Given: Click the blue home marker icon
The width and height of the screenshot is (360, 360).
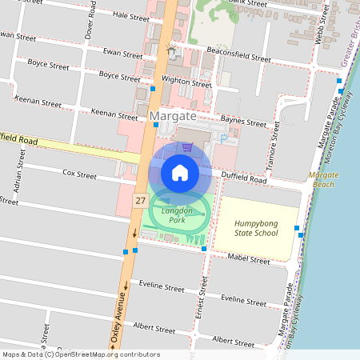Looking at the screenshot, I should pyautogui.click(x=180, y=173).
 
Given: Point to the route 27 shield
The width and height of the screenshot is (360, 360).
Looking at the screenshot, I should pyautogui.click(x=141, y=200).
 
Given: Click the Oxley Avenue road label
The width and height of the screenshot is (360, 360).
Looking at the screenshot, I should pyautogui.click(x=121, y=317).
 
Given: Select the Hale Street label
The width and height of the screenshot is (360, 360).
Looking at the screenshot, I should pyautogui.click(x=131, y=16).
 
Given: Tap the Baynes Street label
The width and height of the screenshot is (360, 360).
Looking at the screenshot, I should pyautogui.click(x=243, y=122).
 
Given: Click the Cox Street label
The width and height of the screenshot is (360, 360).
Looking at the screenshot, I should pyautogui.click(x=79, y=174).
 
